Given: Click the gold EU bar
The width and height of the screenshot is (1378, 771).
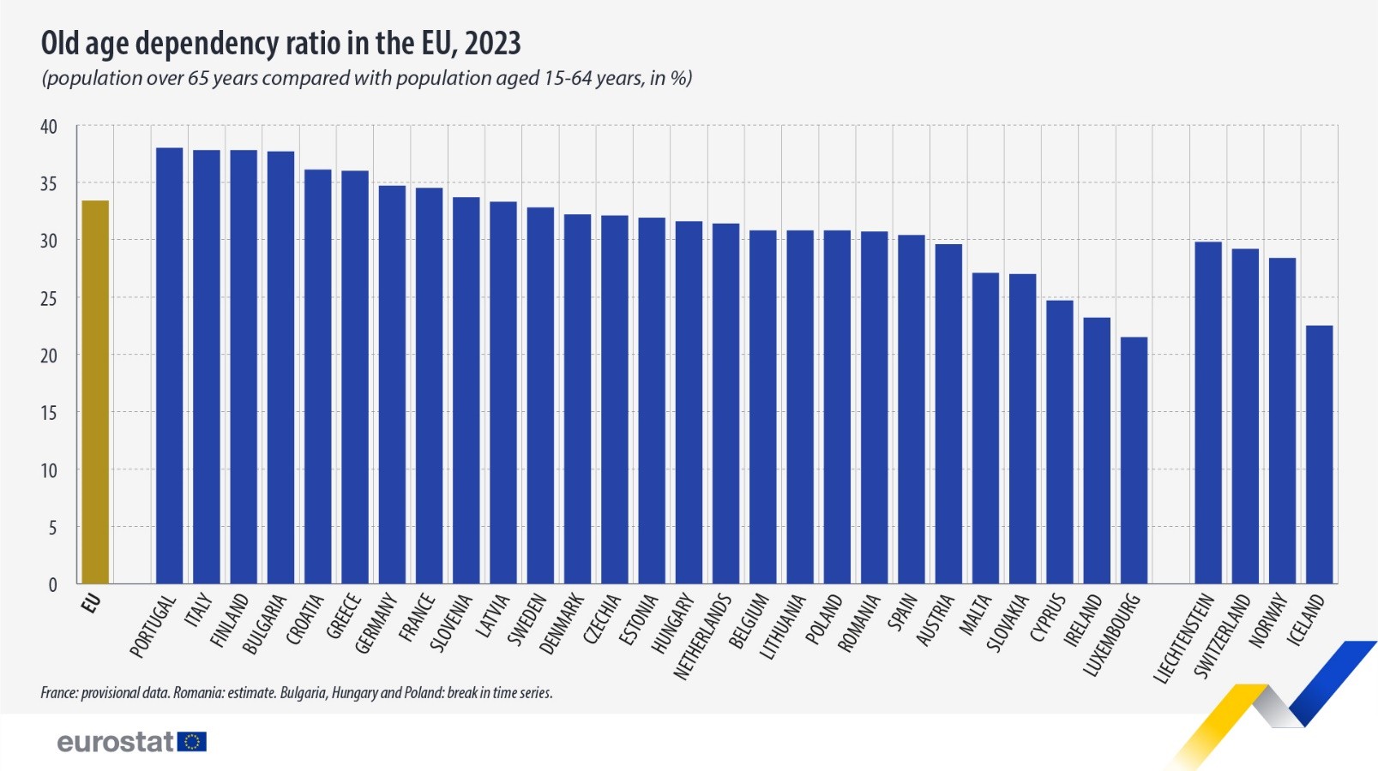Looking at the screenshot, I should point(95,392).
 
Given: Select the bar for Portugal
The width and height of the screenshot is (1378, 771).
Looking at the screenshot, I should point(169,366).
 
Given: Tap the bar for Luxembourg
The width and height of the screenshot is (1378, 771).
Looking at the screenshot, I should point(1134,460).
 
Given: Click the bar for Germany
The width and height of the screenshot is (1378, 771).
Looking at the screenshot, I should point(392,385).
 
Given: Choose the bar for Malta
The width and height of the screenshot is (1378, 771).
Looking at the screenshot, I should point(985,428).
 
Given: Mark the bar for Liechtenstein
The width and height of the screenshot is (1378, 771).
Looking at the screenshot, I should point(1207,413).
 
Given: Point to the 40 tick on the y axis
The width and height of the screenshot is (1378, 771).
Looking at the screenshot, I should point(49,127).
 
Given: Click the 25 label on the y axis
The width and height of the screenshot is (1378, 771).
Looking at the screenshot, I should point(49,299).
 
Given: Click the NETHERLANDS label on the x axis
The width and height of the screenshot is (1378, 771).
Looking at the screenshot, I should point(702,637).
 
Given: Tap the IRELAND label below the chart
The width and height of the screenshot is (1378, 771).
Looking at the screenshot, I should point(1083,621).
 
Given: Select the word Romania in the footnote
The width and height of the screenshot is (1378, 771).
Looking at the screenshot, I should point(196,692).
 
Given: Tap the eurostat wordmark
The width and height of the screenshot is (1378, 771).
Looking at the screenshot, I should point(115,742).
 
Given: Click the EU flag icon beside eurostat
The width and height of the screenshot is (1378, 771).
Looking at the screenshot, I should point(192,742).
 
